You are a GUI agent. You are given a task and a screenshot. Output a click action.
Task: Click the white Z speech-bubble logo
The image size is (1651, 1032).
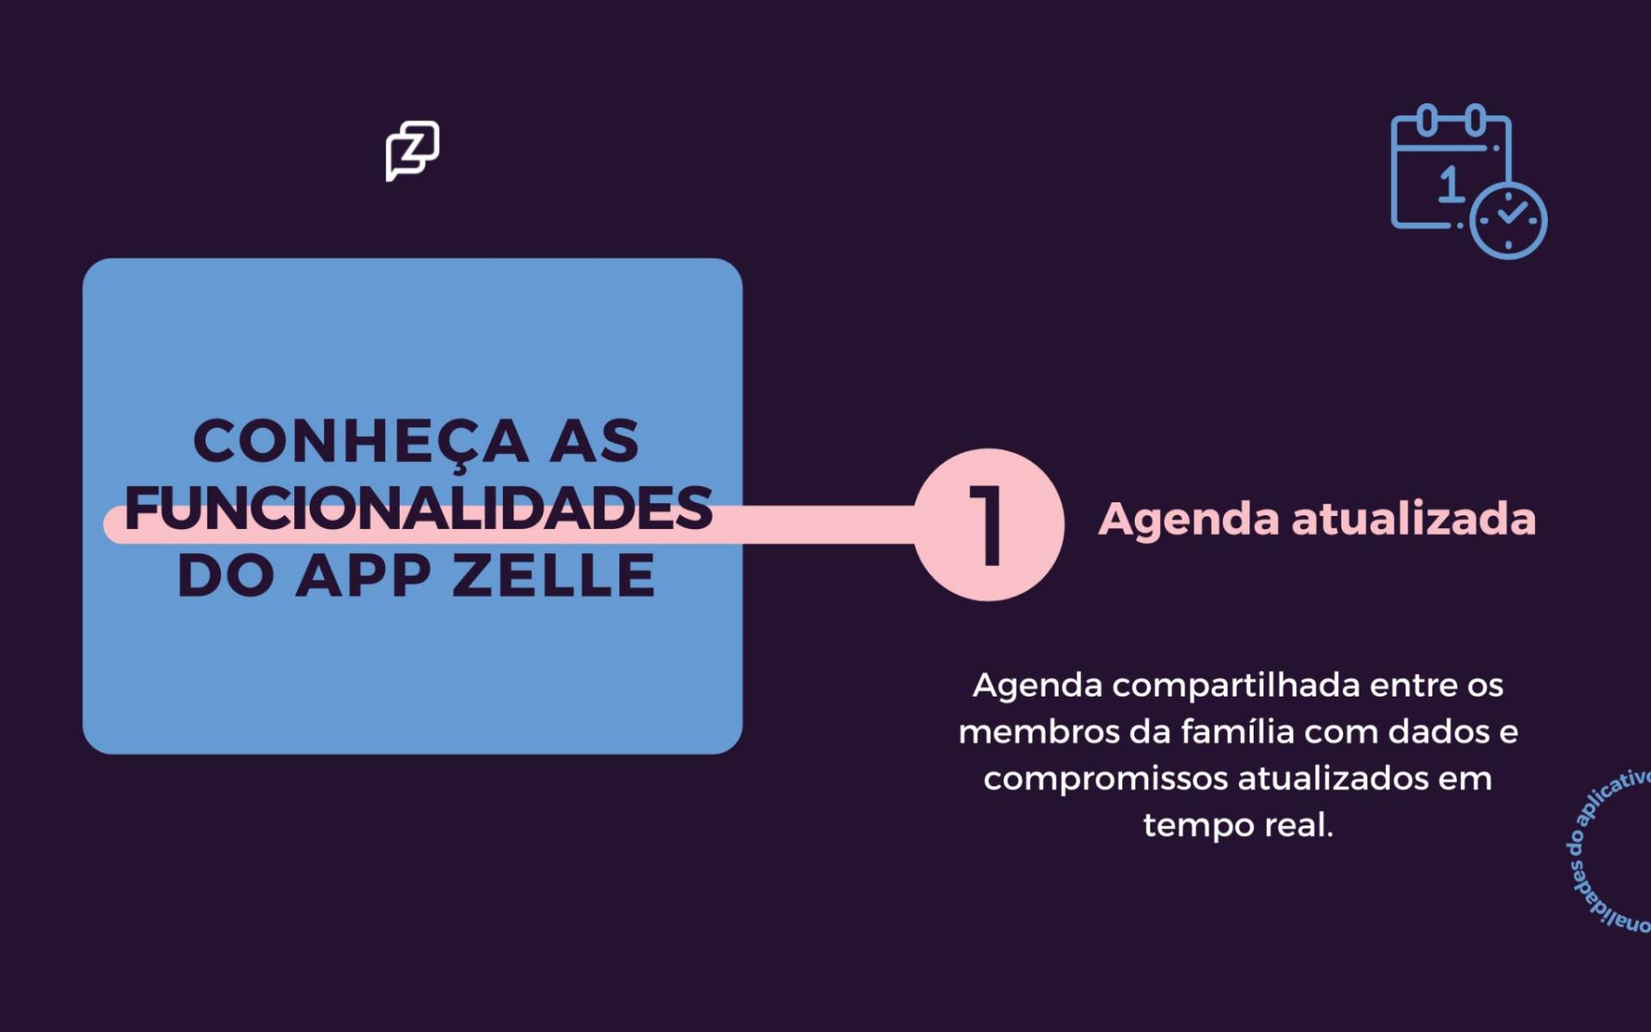[412, 150]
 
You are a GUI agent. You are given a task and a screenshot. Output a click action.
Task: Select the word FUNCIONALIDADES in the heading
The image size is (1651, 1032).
[419, 508]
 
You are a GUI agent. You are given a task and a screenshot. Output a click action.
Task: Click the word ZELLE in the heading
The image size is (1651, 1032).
[554, 575]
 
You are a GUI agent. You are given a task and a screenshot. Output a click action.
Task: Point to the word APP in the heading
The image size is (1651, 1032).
[363, 575]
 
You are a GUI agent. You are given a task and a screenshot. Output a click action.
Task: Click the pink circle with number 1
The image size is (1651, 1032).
[988, 525]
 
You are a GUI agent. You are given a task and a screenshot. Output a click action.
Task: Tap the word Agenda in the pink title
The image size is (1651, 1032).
[1189, 519]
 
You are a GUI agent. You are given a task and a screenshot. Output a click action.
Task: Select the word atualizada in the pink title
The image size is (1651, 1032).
[1414, 519]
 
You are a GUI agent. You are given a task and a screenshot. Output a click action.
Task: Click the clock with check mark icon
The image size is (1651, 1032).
[1508, 219]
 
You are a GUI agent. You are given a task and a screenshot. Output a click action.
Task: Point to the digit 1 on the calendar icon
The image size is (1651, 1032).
[1451, 184]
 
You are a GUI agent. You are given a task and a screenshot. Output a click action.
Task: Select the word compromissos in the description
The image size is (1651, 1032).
[1105, 779]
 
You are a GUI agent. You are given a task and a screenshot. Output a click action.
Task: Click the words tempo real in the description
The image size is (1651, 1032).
[1237, 826]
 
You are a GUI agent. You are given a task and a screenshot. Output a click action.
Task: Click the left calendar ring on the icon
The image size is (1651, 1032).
[1426, 120]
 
